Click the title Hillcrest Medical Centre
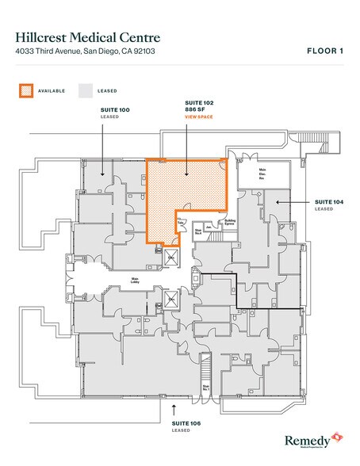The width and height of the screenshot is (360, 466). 88,37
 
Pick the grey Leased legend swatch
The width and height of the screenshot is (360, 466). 85,90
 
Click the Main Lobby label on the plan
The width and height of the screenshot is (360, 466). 135,280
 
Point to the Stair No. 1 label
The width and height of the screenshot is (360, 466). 206,388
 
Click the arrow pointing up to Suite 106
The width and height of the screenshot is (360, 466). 174,407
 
